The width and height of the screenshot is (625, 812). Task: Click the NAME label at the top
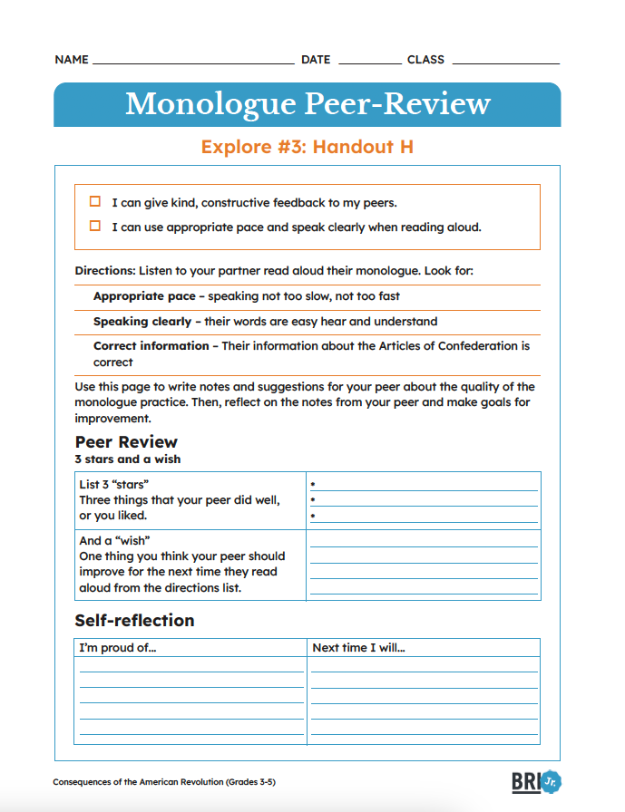tap(72, 60)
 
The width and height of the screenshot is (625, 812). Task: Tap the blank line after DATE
tap(369, 62)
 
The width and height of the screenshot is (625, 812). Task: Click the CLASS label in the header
tap(425, 60)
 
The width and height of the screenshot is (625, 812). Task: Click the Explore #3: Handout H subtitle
tap(308, 146)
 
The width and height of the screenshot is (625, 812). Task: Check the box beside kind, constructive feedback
tap(95, 202)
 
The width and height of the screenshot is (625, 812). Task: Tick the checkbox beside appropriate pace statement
tap(95, 227)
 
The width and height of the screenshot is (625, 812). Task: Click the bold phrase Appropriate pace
tap(144, 296)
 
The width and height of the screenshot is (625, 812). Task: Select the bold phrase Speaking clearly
tap(142, 321)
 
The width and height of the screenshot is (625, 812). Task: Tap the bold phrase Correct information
tap(151, 345)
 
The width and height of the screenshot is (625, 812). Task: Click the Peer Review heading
tap(126, 442)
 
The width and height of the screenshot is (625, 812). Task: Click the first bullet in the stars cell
tap(313, 485)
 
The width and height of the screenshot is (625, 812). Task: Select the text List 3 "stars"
tap(114, 485)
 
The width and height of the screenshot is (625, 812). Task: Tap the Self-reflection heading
tap(134, 621)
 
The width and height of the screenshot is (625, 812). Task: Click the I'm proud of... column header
tap(118, 648)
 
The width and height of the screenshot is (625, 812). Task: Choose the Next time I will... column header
tap(358, 648)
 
